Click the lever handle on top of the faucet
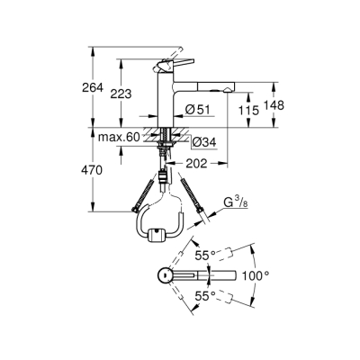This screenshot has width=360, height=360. (x=168, y=65)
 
